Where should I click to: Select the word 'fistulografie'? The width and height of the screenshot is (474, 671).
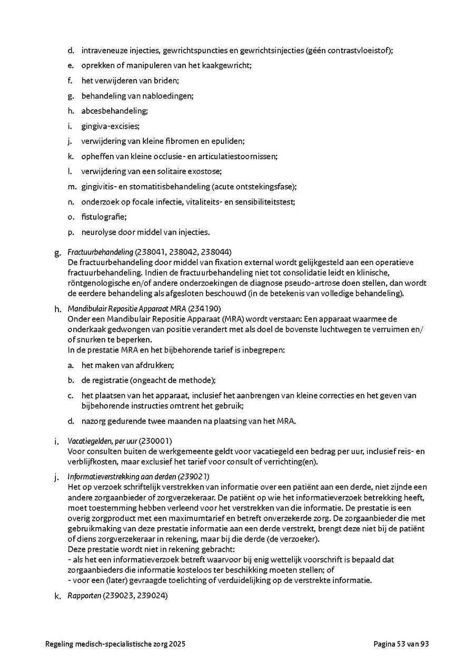click(x=104, y=217)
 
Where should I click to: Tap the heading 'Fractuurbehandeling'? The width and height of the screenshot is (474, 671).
click(x=100, y=252)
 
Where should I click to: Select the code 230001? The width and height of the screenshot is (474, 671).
click(x=155, y=441)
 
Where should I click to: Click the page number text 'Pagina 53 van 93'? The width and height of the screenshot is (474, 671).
click(x=401, y=644)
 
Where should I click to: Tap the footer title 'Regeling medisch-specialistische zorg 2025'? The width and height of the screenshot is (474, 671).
click(x=115, y=644)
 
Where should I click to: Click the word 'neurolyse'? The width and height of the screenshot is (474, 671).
click(x=97, y=232)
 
